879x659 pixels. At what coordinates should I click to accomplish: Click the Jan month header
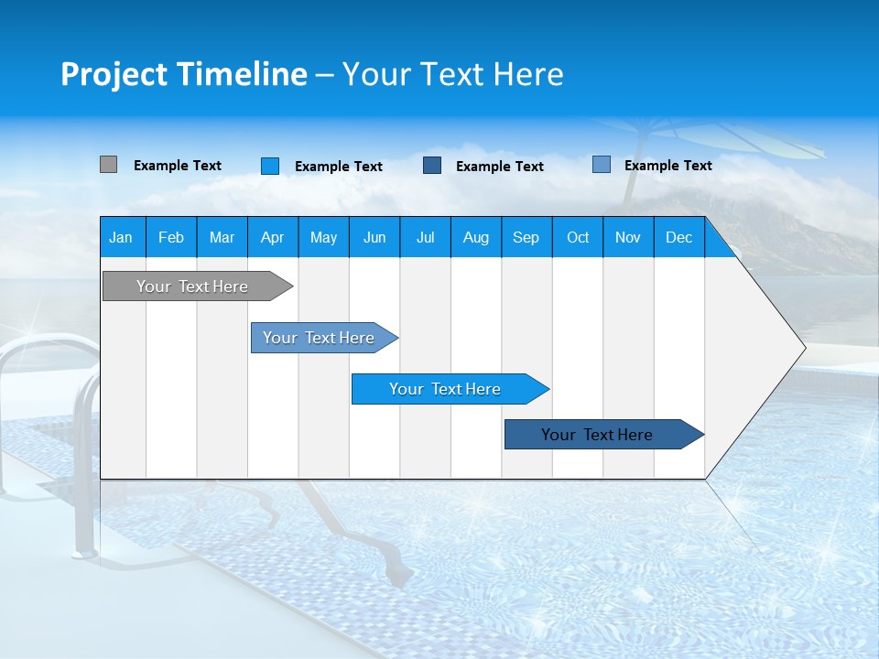pyautogui.click(x=121, y=237)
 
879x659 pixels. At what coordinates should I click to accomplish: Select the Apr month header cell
pyautogui.click(x=272, y=237)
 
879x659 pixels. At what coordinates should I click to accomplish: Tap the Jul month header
pyautogui.click(x=425, y=237)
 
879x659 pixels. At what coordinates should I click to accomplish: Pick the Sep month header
pyautogui.click(x=526, y=237)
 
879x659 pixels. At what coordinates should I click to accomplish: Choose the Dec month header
pyautogui.click(x=678, y=237)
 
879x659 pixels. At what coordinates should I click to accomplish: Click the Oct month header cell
pyautogui.click(x=577, y=237)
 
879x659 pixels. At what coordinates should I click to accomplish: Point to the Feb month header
pyautogui.click(x=171, y=237)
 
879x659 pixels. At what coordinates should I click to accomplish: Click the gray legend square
pyautogui.click(x=108, y=165)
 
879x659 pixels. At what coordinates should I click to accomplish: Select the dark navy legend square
pyautogui.click(x=432, y=166)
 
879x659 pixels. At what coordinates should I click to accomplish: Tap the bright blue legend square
pyautogui.click(x=270, y=166)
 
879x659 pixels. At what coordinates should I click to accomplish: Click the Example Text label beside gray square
pyautogui.click(x=178, y=166)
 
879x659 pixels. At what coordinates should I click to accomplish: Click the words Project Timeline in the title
pyautogui.click(x=183, y=74)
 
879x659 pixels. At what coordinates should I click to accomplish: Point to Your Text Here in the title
pyautogui.click(x=452, y=74)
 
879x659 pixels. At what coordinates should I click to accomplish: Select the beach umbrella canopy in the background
pyautogui.click(x=723, y=137)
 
